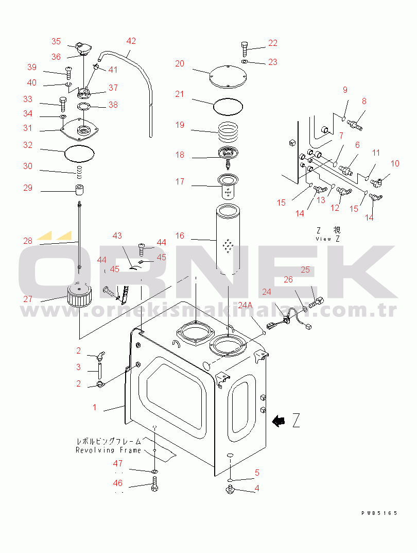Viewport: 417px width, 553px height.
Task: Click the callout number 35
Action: click(56, 41)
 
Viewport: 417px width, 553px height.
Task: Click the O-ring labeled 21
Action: click(228, 106)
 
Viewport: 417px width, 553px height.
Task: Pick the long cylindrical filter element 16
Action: click(228, 239)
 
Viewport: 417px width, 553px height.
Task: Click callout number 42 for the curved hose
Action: click(131, 41)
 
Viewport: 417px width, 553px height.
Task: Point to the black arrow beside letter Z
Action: click(280, 421)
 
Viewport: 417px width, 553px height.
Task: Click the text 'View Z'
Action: click(328, 239)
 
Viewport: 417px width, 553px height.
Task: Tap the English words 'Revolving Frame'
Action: click(108, 450)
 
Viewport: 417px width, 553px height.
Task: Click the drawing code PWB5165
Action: click(379, 513)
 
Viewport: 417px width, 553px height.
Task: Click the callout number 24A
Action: click(245, 305)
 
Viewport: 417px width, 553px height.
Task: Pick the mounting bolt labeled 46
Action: click(154, 483)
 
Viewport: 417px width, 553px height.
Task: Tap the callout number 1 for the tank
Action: click(94, 407)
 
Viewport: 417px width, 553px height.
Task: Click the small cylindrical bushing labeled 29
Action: click(80, 189)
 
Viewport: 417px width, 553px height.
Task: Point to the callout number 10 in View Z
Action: click(395, 163)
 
